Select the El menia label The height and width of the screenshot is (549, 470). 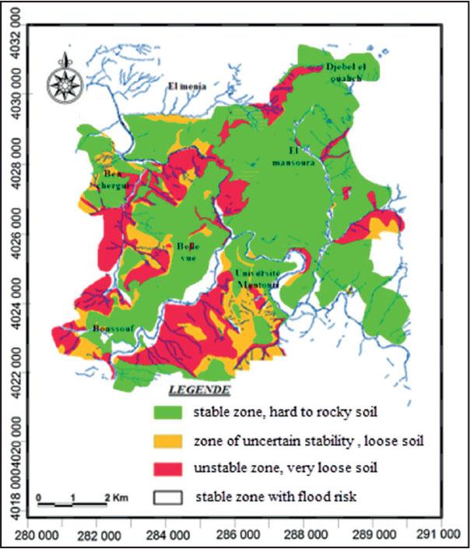187,86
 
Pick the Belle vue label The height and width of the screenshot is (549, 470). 182,253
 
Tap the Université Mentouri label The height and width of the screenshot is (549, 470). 258,280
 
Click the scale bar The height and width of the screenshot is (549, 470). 72,504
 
